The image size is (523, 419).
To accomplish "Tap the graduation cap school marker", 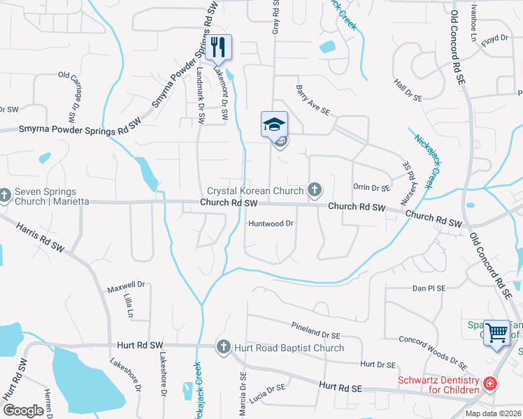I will tap(274, 124).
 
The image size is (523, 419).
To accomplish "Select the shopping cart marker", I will tap(497, 332).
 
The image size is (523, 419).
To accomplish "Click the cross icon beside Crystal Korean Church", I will tap(315, 189).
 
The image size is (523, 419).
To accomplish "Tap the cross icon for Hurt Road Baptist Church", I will tap(224, 346).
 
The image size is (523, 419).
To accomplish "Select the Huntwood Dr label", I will tap(270, 223).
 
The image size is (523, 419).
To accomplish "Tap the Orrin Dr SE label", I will tap(371, 187).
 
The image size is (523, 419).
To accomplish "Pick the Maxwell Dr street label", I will tap(125, 285).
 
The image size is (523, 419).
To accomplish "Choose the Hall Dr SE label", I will tap(409, 90).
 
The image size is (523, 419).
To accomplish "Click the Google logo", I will tap(23, 411).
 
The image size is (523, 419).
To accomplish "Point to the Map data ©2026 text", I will tap(493, 413).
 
